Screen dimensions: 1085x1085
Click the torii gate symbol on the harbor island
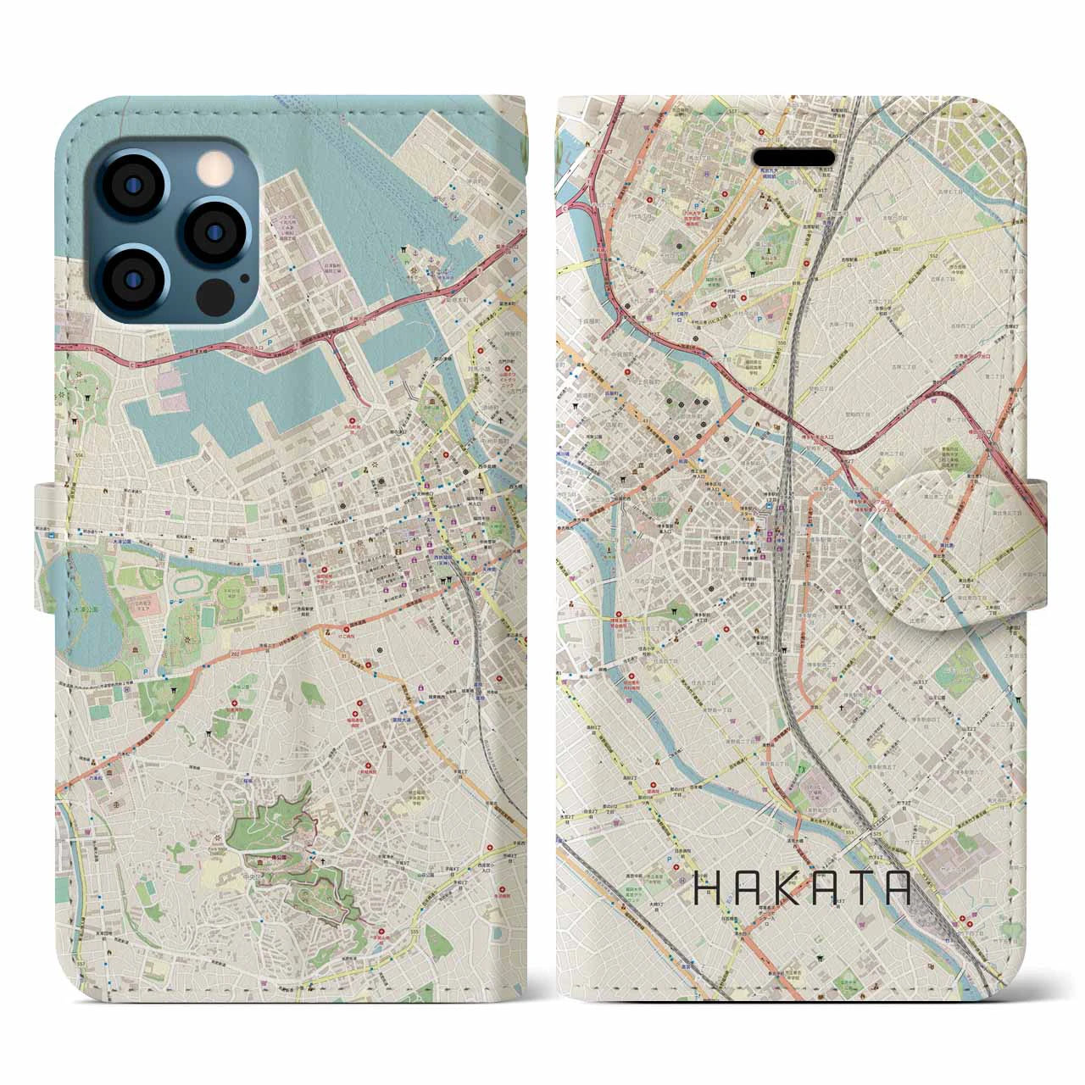406,251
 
